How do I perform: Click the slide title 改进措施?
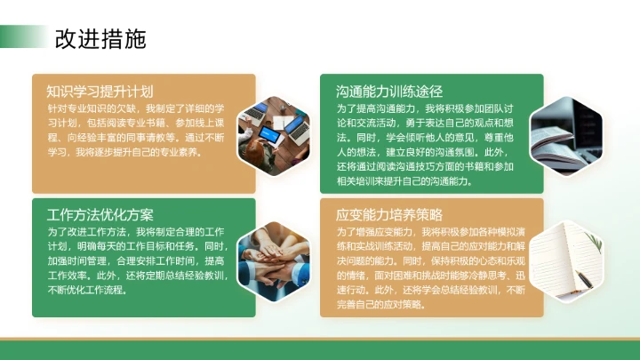pos(100,39)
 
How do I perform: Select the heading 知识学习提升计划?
pos(100,91)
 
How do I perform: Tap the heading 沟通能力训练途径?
pos(389,91)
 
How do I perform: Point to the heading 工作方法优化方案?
pos(100,215)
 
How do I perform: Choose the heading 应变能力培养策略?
pos(389,215)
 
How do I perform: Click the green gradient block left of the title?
pos(22,36)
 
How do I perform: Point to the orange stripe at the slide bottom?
pos(320,339)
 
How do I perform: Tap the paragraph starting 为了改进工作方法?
pos(138,260)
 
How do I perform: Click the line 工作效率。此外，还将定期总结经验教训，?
pos(138,276)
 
